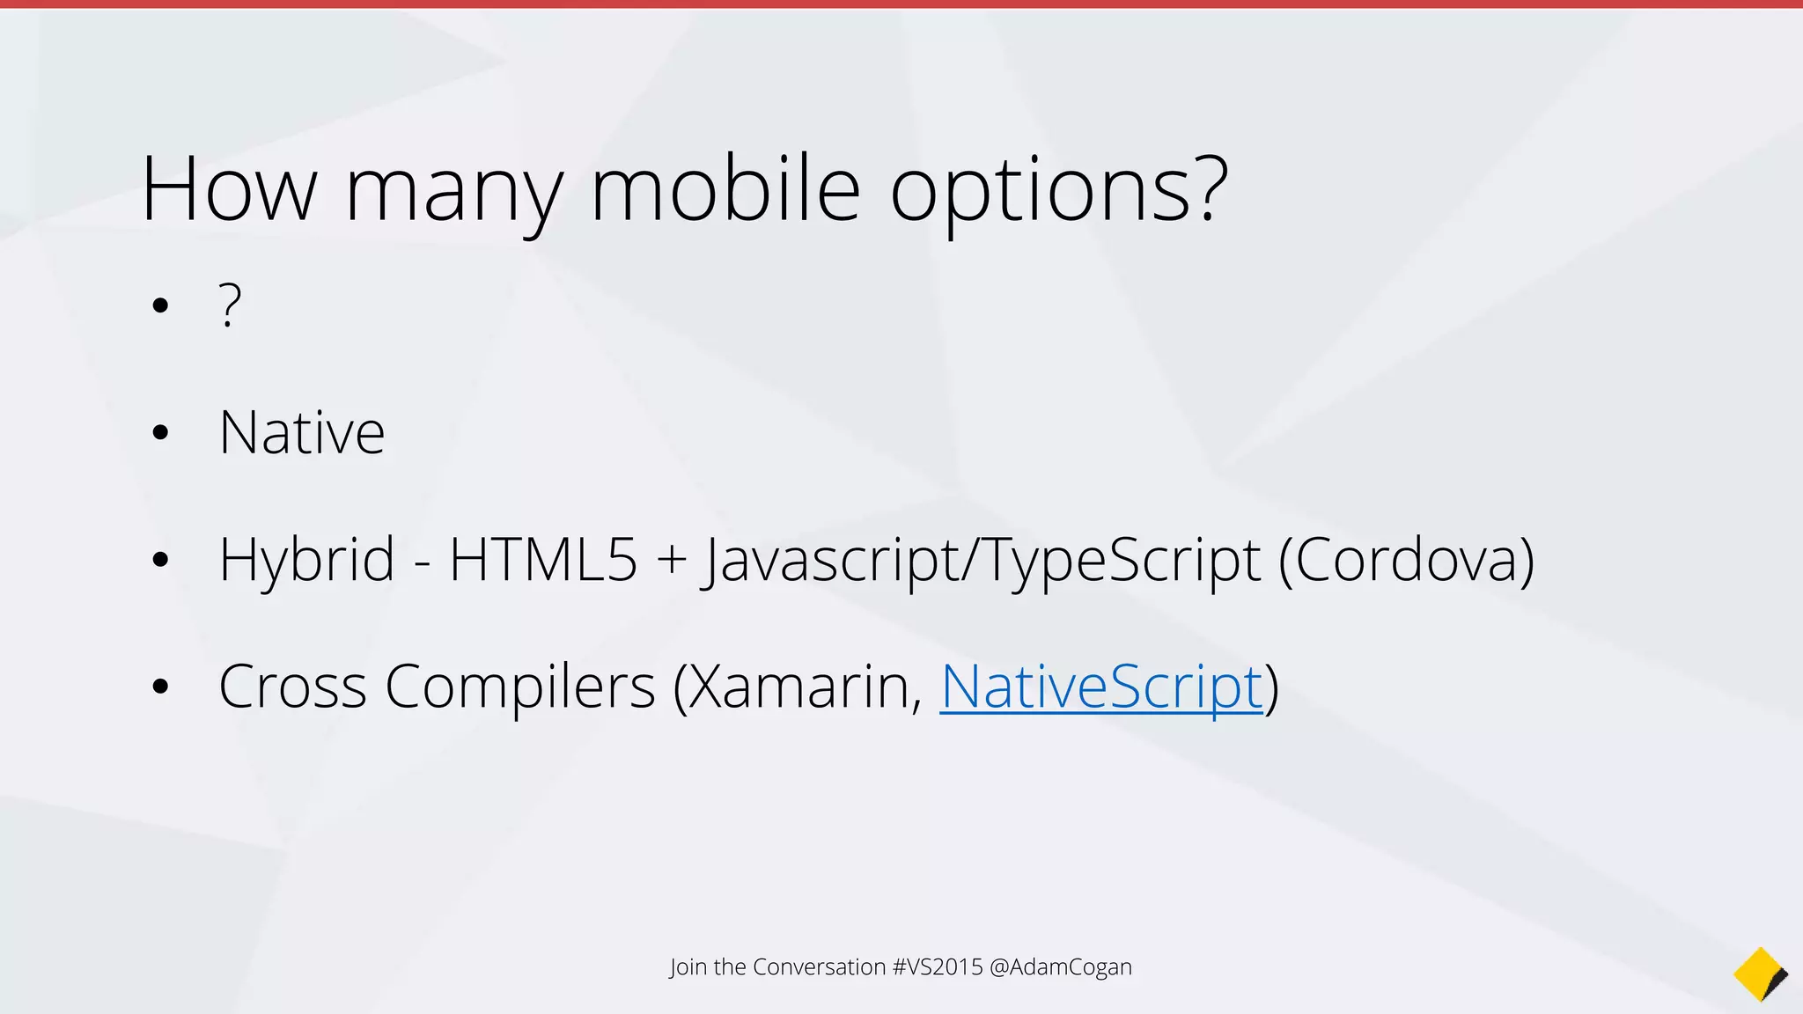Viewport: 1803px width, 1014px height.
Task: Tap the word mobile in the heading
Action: [x=725, y=189]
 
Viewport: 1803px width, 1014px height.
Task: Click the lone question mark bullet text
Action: [x=230, y=305]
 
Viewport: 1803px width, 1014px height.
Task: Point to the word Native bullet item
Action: [x=302, y=433]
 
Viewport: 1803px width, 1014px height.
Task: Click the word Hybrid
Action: [x=306, y=561]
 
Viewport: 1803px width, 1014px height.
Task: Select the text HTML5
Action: [x=542, y=560]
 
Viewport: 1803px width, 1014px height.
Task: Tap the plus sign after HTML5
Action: [x=671, y=561]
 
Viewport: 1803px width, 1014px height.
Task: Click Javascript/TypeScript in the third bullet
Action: [x=980, y=561]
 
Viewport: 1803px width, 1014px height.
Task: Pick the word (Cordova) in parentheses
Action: [x=1406, y=560]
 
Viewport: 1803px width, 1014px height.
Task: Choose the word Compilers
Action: [x=519, y=687]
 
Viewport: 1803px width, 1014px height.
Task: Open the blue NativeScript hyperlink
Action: [x=1100, y=687]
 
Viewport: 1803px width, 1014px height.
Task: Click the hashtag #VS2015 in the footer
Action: [x=937, y=966]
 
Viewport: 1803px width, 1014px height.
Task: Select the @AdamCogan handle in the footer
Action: [x=1060, y=966]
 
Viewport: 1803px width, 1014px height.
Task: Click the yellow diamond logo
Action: [x=1759, y=974]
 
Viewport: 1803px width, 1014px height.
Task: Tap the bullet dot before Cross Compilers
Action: [x=159, y=687]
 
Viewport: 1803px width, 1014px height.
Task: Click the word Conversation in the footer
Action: [x=819, y=966]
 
